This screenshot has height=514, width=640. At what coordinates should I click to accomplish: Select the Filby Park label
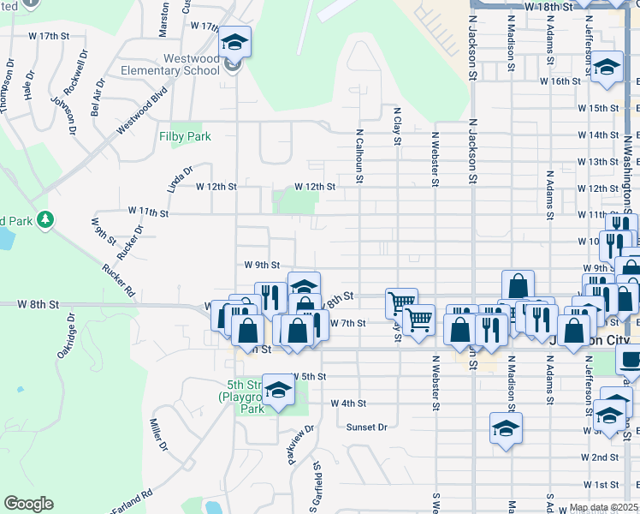(185, 136)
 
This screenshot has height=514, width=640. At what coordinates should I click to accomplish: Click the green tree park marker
(42, 219)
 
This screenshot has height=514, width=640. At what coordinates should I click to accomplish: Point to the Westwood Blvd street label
(140, 113)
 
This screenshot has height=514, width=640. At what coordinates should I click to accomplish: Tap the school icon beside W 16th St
(607, 69)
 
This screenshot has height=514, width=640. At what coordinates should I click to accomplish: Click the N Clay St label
(397, 127)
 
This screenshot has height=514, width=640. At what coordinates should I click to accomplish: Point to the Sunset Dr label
(367, 427)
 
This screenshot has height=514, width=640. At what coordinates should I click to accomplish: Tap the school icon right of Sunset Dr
(506, 427)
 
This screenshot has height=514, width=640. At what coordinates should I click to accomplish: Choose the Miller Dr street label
(157, 434)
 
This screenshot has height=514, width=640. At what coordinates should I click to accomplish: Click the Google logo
(28, 504)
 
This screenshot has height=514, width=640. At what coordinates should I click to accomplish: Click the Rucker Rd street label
(118, 278)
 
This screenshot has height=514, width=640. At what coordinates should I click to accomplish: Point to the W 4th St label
(348, 403)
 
